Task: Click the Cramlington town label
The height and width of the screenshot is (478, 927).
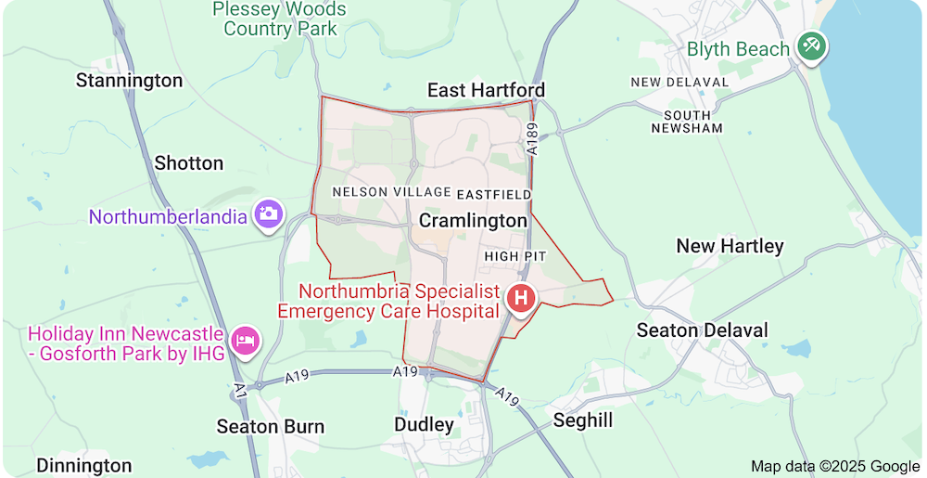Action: [473, 221]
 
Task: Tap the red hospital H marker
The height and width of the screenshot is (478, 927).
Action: [521, 299]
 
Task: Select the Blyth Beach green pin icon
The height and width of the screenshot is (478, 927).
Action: [813, 46]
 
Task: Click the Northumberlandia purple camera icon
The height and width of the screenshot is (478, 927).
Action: [269, 213]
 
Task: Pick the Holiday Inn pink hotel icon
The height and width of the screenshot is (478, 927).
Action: [246, 341]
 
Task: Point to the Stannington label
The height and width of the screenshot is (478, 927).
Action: [130, 81]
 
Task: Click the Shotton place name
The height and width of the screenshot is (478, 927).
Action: [189, 163]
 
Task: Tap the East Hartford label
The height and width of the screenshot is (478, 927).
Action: [486, 90]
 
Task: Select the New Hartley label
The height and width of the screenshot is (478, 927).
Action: [730, 246]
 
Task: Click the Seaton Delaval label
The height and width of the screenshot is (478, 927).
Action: [702, 330]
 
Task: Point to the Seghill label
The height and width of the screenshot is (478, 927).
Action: [583, 420]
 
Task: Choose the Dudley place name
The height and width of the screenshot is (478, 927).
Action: [425, 425]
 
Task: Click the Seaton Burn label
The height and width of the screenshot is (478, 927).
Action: [271, 427]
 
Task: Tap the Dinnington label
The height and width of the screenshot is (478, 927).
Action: [84, 465]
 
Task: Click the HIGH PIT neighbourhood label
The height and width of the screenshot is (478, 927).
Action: [515, 255]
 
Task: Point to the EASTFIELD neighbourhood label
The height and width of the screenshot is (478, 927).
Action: [494, 194]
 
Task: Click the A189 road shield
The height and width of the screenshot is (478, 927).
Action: [532, 139]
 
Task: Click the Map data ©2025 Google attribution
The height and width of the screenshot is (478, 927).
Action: [835, 466]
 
